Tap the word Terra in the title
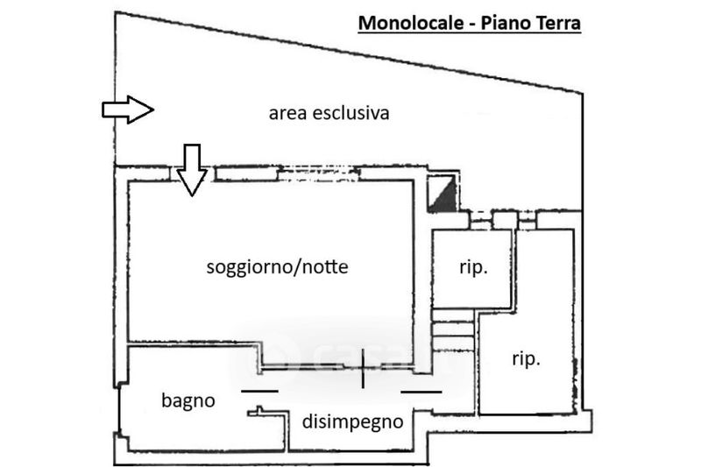556,23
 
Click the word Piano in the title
503,23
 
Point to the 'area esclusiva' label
329,113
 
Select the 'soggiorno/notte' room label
277,267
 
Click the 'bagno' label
188,401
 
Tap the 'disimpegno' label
353,421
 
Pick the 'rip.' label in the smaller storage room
473,267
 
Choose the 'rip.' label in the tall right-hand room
527,359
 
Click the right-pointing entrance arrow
128,110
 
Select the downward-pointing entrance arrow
192,170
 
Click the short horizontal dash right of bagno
259,391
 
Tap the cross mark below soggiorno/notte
363,369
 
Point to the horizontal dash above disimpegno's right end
421,392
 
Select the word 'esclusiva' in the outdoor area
351,113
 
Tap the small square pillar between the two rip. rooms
505,220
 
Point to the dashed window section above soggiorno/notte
318,173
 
